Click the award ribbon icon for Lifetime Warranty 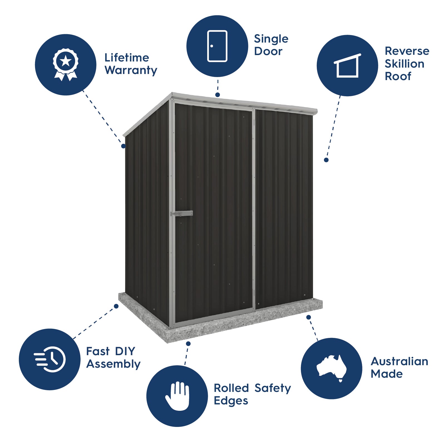point(66,65)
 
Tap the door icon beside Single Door point(217,46)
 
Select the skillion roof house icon point(347,66)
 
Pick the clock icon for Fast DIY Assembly point(50,359)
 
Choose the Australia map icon point(332,368)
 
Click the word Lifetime point(127,58)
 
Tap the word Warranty point(131,70)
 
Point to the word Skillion point(404,64)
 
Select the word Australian point(399,361)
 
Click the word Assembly point(113,364)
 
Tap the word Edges point(231,401)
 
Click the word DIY point(125,351)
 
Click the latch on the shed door point(182,214)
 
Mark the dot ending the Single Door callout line point(218,95)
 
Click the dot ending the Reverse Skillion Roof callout point(326,160)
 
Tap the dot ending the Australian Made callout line point(308,317)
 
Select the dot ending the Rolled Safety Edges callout point(188,344)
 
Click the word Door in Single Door point(268,51)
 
